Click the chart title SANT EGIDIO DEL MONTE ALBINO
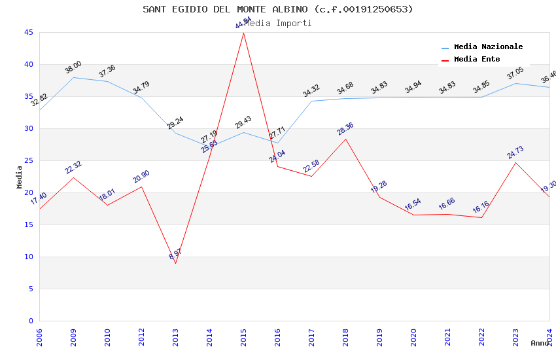coord(278,9)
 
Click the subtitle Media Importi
coord(278,23)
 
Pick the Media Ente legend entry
coord(476,60)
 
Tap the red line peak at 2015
coord(243,33)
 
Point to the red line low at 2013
coord(175,263)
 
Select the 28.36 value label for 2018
coord(345,128)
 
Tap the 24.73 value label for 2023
coord(515,153)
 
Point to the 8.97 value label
coord(175,254)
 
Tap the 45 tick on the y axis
coord(29,32)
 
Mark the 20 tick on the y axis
coord(29,192)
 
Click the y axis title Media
coord(20,177)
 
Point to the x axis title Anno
coord(540,343)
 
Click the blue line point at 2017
coord(311,101)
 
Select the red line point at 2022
coord(481,217)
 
